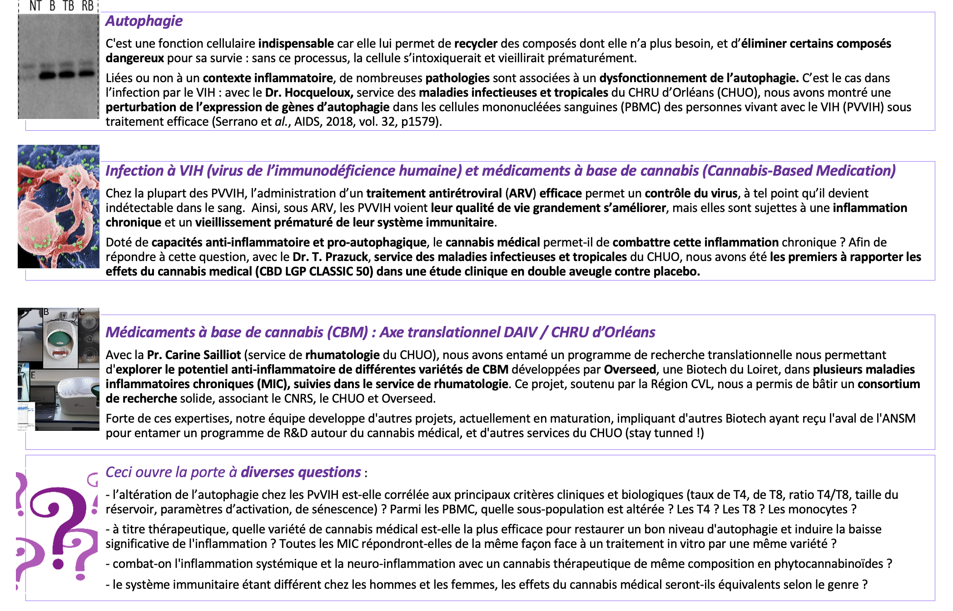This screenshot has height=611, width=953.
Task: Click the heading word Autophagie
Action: tap(144, 21)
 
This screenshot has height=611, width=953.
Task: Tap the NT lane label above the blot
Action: tap(35, 6)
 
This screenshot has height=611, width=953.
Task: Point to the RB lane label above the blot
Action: tap(88, 6)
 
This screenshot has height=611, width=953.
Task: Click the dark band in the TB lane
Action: tap(67, 75)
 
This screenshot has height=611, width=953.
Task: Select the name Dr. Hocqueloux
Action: tap(309, 93)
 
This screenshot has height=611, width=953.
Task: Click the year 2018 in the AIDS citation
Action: tap(339, 122)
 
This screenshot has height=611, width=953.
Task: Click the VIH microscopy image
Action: tap(58, 207)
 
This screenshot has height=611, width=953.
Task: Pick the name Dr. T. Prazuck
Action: tap(330, 257)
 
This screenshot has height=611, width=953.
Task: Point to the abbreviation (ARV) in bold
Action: tap(521, 193)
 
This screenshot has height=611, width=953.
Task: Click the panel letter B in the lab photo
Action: tap(46, 312)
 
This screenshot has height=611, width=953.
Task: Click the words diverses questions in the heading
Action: tap(301, 472)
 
